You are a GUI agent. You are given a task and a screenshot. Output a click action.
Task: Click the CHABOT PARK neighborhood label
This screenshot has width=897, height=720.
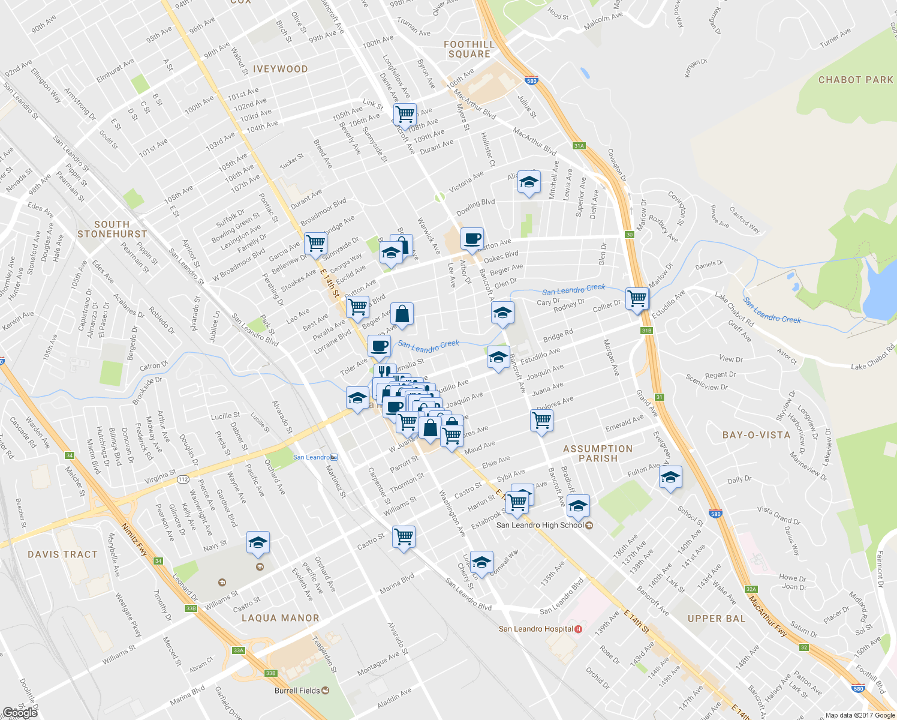856,80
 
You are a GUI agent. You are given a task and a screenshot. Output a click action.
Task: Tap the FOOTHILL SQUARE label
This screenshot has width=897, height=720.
469,49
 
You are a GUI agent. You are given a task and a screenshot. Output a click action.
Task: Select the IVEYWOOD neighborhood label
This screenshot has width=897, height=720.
280,69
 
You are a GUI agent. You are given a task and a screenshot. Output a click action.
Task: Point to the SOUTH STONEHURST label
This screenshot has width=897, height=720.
112,229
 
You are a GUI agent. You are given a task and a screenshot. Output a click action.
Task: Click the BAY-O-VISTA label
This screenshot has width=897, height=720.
756,435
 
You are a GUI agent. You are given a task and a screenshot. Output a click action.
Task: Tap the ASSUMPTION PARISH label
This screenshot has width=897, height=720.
598,454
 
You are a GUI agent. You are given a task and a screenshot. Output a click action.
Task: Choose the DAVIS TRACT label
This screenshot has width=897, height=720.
62,554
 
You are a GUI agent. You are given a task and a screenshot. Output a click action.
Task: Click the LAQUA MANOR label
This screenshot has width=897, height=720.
280,618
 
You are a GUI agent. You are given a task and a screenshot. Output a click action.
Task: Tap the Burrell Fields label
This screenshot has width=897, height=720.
297,691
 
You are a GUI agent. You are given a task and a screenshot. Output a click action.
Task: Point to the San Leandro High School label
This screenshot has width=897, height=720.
540,525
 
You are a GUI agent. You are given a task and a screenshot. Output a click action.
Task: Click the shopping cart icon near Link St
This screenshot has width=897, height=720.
405,113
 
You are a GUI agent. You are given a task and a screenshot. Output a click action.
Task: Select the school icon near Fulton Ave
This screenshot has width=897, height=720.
670,478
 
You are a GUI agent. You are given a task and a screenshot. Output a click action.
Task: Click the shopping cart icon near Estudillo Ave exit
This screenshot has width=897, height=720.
637,298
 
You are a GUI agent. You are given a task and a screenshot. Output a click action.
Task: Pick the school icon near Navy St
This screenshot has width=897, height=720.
258,542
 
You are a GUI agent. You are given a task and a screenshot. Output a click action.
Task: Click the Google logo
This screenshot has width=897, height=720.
20,712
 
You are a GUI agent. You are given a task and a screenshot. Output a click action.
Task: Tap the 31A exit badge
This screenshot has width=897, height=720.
579,146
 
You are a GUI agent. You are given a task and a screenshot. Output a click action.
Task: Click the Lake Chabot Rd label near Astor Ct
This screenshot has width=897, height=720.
872,358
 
